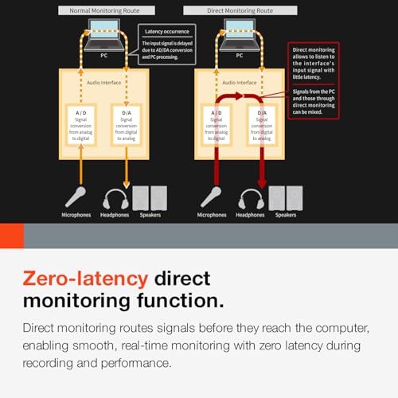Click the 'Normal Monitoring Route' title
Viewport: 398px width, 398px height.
click(104, 10)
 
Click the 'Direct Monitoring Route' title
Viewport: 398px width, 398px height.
click(240, 10)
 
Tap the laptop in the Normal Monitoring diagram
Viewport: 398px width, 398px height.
click(104, 35)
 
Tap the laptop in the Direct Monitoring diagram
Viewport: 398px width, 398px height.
click(240, 35)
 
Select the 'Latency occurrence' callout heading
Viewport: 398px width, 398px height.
click(167, 32)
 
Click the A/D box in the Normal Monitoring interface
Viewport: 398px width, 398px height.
click(80, 125)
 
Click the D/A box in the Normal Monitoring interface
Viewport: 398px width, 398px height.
click(127, 125)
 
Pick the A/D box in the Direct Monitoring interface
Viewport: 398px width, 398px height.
click(217, 125)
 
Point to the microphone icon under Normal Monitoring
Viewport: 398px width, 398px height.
click(76, 197)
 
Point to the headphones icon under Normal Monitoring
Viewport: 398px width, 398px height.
click(115, 199)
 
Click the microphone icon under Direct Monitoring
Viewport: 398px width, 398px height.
click(211, 197)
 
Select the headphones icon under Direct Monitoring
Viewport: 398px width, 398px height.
click(251, 199)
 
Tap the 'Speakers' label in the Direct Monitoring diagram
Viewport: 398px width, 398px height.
click(286, 215)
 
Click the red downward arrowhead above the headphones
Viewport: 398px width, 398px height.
click(262, 184)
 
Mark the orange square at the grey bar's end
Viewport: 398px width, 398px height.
click(12, 236)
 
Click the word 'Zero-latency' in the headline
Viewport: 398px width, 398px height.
click(85, 279)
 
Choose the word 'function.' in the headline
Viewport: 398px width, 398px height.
click(181, 301)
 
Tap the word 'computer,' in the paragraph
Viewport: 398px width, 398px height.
click(342, 329)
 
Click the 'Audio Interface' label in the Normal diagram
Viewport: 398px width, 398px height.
click(103, 83)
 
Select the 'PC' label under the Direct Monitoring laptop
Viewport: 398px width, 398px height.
click(240, 56)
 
